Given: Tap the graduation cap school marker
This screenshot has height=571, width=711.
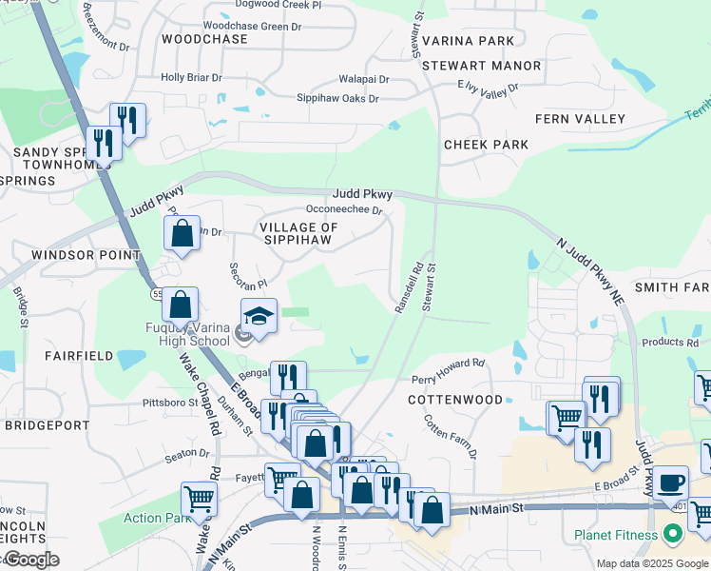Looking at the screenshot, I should [259, 316].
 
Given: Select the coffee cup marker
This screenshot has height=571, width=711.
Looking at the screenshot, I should [671, 482].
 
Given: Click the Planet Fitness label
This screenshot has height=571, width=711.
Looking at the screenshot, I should [616, 535].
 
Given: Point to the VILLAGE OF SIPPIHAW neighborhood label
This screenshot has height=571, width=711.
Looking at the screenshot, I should [298, 234].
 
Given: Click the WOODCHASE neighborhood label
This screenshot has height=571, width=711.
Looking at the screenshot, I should [204, 39].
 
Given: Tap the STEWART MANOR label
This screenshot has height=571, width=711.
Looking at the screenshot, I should [481, 66].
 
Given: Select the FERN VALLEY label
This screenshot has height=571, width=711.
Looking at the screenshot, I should [580, 119].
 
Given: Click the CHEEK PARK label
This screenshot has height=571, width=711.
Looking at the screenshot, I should [486, 145].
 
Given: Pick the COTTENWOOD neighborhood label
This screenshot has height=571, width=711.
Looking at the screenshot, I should [455, 400].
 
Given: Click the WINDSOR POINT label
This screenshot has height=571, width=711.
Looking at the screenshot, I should [86, 255].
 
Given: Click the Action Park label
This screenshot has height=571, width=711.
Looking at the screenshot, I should [157, 519].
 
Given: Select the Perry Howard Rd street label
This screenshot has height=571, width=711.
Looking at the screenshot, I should [448, 369].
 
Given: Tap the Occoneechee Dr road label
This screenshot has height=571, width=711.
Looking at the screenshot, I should [343, 209].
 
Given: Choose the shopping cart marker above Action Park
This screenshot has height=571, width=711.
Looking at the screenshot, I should [199, 497].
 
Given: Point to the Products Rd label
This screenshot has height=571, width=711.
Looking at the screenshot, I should [669, 343].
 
